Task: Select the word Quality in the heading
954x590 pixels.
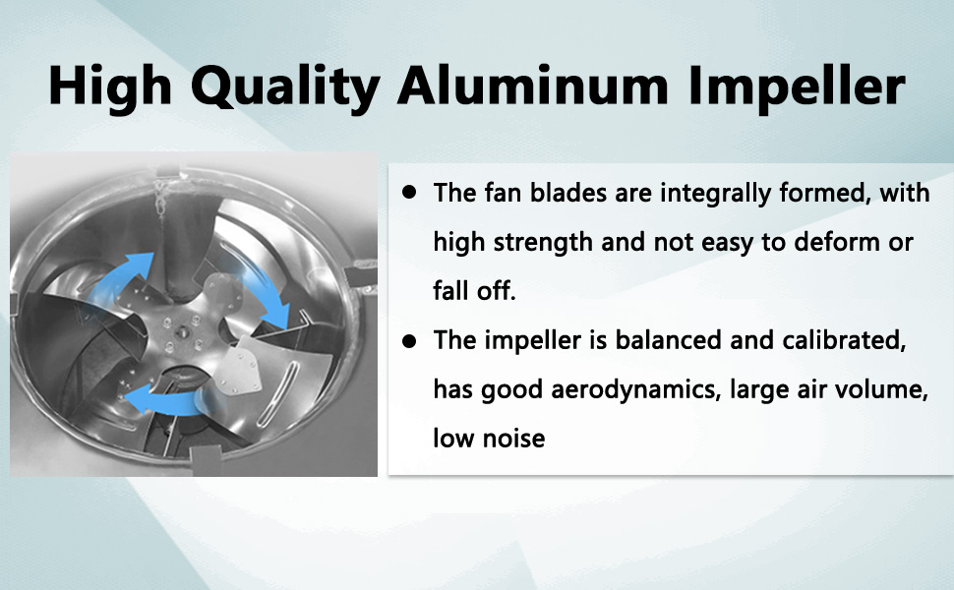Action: point(285,87)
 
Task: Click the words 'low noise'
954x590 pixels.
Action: point(489,438)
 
